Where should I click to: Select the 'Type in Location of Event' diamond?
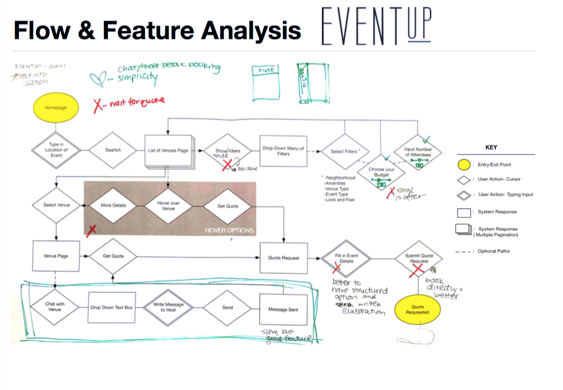56,150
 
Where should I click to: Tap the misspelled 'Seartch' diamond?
113,150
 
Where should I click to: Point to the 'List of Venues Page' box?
168,151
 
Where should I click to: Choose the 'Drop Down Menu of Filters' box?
283,151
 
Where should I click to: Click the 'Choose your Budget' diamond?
381,173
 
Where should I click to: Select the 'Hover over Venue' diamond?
168,206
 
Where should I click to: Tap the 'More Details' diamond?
113,206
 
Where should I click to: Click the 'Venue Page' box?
56,256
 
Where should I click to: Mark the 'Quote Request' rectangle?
283,258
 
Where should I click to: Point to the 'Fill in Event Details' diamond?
346,258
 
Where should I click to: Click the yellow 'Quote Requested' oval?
417,309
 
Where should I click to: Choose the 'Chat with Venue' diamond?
54,307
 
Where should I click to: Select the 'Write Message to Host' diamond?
168,307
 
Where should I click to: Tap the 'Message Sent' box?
283,310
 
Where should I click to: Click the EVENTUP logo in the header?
376,26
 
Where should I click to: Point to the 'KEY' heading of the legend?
491,147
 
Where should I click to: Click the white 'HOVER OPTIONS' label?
229,230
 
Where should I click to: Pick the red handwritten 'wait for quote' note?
129,102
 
